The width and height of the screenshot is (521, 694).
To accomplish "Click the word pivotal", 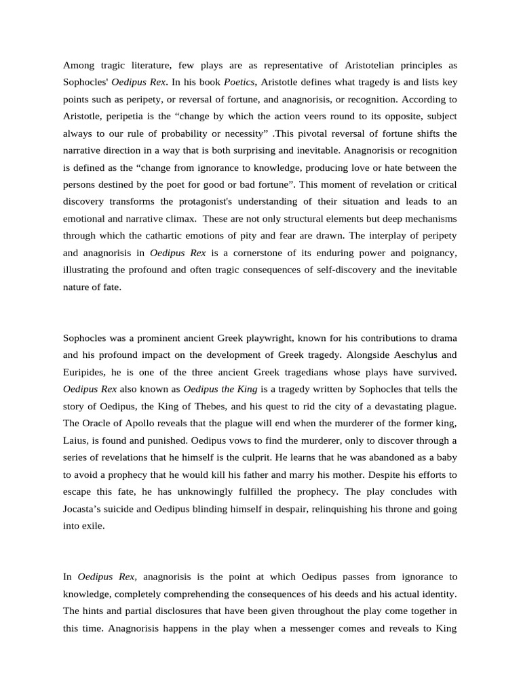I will pyautogui.click(x=343, y=133).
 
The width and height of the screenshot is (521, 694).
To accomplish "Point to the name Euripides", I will pyautogui.click(x=86, y=372).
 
